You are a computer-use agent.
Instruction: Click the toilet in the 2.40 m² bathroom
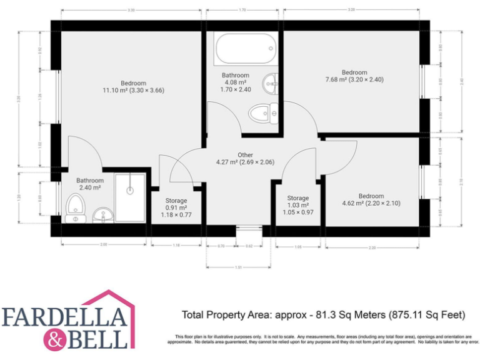coord(75,206)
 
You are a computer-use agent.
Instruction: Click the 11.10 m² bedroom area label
coord(133,87)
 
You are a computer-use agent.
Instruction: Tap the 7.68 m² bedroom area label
coord(354,76)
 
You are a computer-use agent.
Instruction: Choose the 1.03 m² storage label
coord(298,205)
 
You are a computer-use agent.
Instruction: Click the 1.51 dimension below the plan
coord(238,267)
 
